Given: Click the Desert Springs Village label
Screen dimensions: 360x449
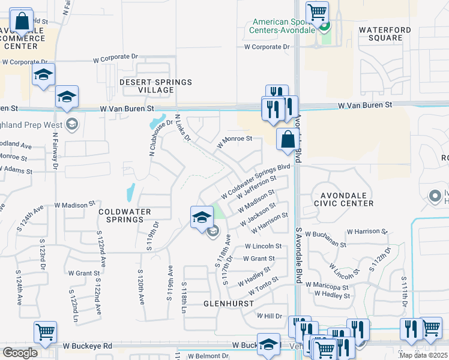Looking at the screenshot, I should (x=147, y=86).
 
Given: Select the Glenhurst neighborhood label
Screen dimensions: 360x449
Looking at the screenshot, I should (x=228, y=304).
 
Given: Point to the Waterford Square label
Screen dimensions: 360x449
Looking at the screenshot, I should (x=381, y=34).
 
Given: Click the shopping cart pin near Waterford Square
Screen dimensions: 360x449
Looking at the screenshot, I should (x=316, y=12).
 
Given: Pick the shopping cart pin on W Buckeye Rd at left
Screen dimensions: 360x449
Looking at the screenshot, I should (x=46, y=332).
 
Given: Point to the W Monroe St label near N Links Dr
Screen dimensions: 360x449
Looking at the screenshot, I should (x=238, y=142).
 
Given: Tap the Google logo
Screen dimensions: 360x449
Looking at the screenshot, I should (x=20, y=353).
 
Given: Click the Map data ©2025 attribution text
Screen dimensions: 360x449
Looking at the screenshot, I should (x=423, y=355).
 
